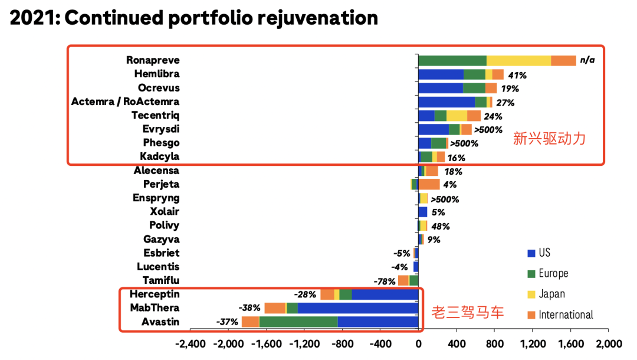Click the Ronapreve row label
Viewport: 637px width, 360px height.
153,60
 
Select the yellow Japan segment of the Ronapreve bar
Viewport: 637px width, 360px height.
518,60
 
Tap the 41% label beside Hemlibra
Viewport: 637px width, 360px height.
517,75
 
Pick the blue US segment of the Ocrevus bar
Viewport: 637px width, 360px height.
440,88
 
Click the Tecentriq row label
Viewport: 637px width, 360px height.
156,115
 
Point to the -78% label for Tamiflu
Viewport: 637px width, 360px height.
385,282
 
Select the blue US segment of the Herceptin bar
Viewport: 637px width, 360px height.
385,294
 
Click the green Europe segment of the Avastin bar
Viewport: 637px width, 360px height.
298,322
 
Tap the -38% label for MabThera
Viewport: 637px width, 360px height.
249,308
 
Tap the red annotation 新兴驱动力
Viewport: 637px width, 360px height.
549,139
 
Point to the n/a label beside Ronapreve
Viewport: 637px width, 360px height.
587,60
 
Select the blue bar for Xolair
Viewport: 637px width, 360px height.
422,212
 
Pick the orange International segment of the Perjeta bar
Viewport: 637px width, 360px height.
429,184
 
